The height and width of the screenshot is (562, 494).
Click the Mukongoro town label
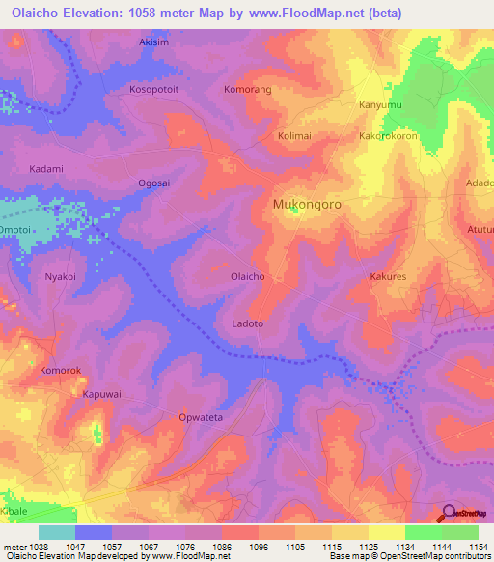(307, 205)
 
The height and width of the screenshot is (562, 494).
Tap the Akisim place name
(154, 42)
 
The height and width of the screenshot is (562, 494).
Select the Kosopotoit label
(154, 89)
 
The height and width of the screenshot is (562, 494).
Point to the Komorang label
(247, 89)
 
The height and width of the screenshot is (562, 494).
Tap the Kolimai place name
(296, 136)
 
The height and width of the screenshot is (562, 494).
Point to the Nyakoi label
(60, 276)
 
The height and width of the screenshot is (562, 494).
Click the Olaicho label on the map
(247, 276)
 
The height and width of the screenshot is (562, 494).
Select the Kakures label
(391, 276)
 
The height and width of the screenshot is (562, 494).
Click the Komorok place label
(57, 370)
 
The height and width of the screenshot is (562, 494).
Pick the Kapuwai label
(101, 394)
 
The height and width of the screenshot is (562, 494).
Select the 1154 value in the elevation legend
(480, 547)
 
